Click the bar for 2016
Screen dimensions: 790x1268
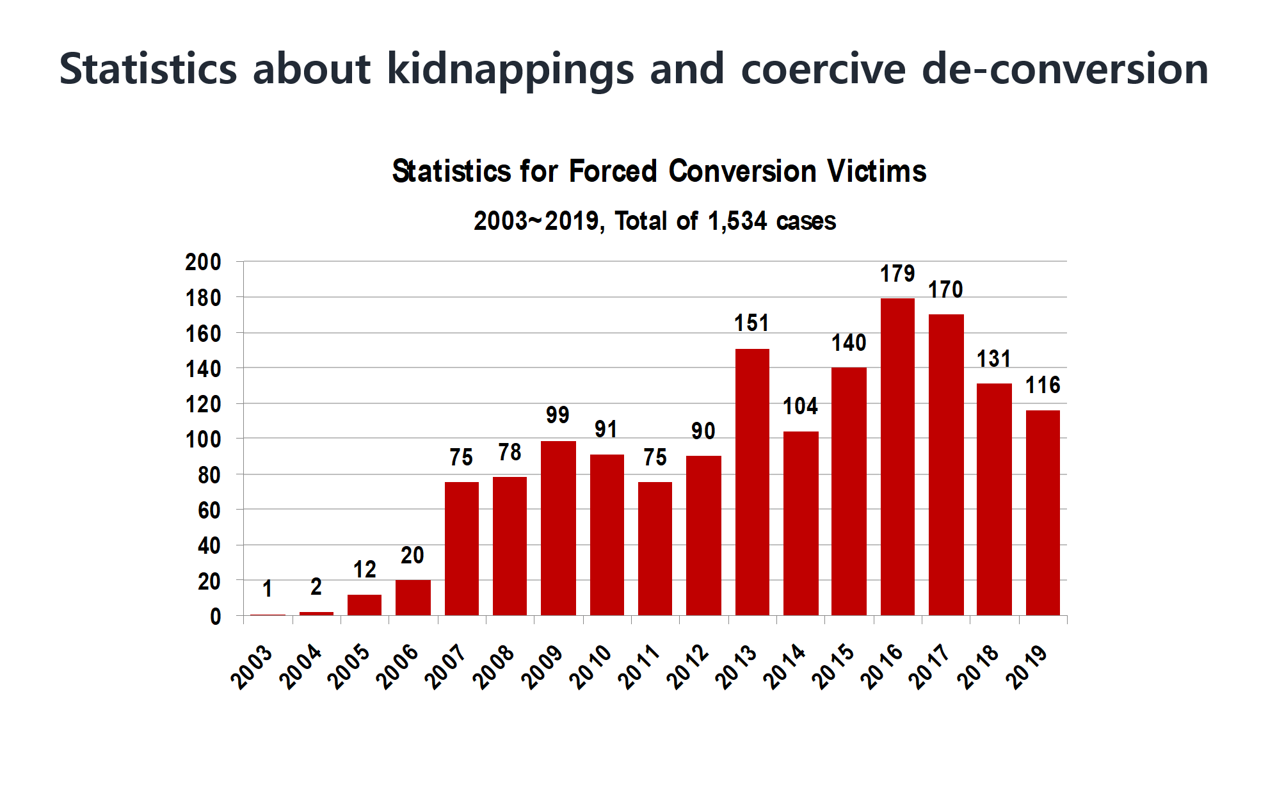[x=897, y=456]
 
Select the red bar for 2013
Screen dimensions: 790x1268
[x=752, y=482]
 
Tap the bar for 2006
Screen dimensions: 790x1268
[x=413, y=597]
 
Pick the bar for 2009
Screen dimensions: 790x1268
[x=558, y=528]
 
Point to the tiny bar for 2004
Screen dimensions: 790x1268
[x=316, y=613]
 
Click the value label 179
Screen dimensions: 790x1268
[x=897, y=274]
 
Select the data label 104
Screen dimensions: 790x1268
[x=800, y=407]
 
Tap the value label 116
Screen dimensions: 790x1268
[x=1043, y=385]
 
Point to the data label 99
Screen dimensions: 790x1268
[x=558, y=415]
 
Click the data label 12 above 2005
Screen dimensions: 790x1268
[x=365, y=569]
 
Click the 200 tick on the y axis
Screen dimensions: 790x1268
[x=203, y=262]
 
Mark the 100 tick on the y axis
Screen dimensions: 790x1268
[x=203, y=440]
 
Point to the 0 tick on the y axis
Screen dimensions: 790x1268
[x=215, y=617]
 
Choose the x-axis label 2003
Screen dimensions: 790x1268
[x=252, y=668]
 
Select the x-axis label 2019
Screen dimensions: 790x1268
[x=1026, y=668]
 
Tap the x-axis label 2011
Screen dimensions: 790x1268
[x=639, y=668]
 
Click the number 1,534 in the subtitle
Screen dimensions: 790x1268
[x=737, y=222]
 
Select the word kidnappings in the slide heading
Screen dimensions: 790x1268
[x=510, y=69]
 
